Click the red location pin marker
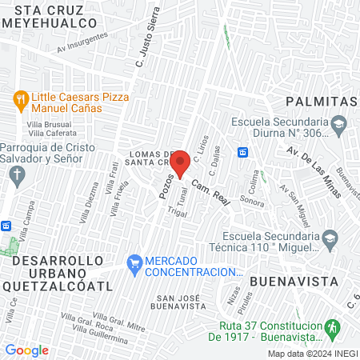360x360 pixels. (x=181, y=164)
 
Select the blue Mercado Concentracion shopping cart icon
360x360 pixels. (x=134, y=262)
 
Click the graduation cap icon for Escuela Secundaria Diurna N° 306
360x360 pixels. (x=338, y=124)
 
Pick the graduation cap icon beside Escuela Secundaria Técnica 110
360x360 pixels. (x=329, y=238)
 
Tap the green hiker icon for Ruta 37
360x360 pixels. (x=334, y=329)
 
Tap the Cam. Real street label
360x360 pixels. (x=211, y=192)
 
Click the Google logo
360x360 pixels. (x=27, y=350)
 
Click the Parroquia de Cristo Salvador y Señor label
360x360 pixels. (x=48, y=153)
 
